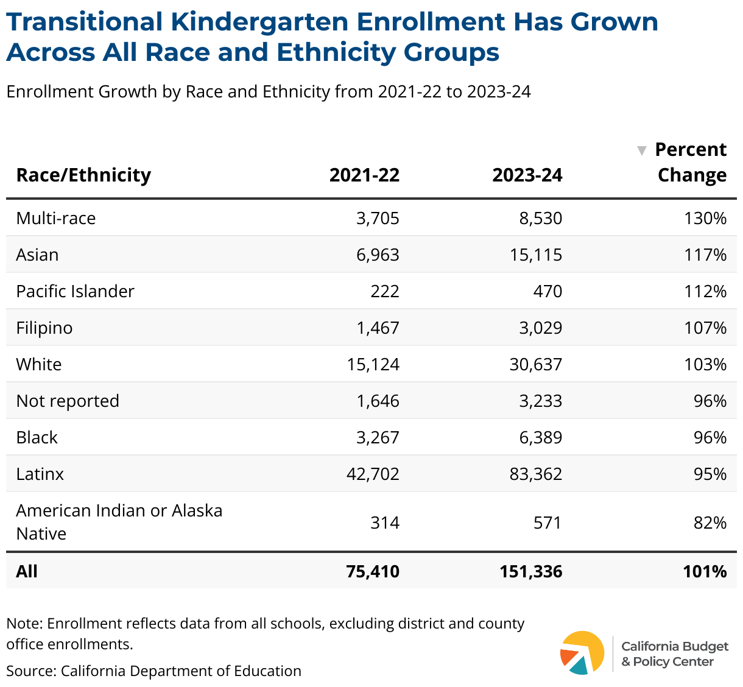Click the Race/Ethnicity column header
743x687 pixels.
click(83, 175)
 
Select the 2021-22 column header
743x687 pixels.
click(364, 175)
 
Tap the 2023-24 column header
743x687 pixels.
click(527, 175)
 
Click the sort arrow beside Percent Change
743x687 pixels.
click(642, 150)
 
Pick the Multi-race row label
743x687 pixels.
click(56, 218)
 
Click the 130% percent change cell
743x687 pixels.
click(705, 218)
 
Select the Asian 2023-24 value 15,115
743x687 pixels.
click(536, 255)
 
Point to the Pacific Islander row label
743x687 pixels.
click(75, 291)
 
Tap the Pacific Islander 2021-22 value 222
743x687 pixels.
click(385, 291)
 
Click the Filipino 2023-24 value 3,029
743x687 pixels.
click(541, 328)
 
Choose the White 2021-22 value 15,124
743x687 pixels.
click(373, 364)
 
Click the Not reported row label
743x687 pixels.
click(68, 401)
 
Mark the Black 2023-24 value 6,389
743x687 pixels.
click(541, 437)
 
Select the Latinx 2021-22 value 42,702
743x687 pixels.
click(373, 474)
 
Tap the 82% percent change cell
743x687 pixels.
click(710, 523)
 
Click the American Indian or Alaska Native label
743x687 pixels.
click(119, 522)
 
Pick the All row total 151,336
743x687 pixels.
click(531, 571)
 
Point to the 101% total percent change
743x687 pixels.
click(705, 571)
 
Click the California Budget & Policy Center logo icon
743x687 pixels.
click(582, 652)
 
